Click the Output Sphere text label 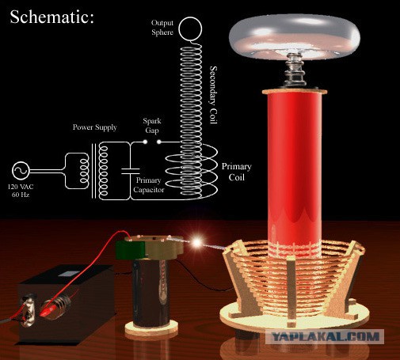[162, 28]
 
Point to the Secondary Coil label [213, 95]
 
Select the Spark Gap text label [152, 126]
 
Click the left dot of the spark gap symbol [145, 142]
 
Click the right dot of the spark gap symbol [159, 142]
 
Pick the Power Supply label [95, 127]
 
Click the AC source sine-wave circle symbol [21, 171]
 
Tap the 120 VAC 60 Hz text [21, 191]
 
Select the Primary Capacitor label [149, 185]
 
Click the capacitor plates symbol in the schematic [131, 171]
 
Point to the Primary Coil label [236, 172]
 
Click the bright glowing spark [197, 242]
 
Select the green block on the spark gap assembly [130, 249]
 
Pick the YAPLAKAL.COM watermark [325, 336]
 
